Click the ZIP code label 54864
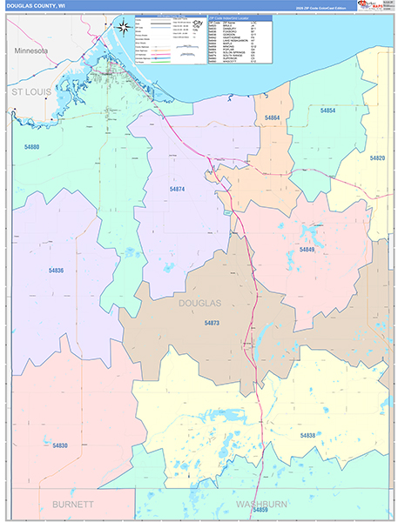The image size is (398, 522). (272, 117)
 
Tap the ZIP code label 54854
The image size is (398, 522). (327, 111)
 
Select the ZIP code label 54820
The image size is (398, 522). (377, 158)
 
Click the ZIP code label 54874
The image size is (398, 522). (177, 189)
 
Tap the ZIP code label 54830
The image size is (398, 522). (59, 445)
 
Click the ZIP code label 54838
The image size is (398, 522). (307, 435)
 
